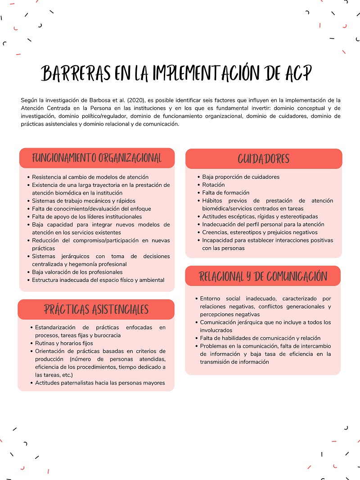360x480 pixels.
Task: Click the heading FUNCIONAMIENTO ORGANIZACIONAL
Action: [x=97, y=158]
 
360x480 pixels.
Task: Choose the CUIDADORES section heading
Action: [x=263, y=158]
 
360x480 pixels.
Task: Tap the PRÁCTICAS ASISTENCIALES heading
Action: [x=96, y=309]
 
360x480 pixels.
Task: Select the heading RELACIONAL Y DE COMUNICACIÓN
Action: [x=263, y=276]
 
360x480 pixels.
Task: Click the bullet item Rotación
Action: [x=213, y=185]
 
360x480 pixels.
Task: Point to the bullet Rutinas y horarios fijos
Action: [x=64, y=343]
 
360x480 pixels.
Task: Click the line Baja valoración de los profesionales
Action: [x=77, y=272]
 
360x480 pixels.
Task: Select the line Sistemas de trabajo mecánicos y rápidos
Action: [x=83, y=201]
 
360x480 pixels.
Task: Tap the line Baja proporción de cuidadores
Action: [x=241, y=177]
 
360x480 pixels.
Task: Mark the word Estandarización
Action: [x=56, y=327]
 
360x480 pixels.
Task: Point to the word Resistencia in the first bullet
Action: [x=46, y=177]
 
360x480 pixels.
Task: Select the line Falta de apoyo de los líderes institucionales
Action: [x=87, y=217]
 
